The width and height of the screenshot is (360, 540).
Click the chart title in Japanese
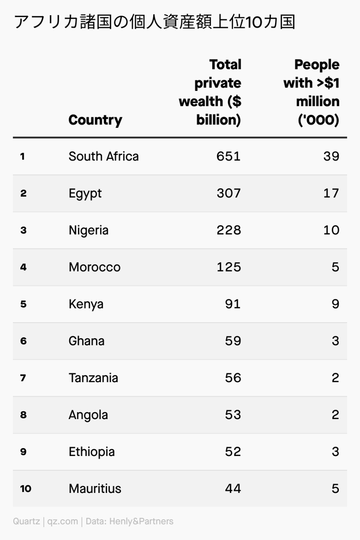155,22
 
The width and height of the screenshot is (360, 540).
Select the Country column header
95,120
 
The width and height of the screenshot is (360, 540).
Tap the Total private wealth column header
210,93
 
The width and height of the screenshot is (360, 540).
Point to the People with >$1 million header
311,93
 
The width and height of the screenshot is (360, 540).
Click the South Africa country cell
104,157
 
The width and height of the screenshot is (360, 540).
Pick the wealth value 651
228,157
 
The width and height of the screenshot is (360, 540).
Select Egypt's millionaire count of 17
330,194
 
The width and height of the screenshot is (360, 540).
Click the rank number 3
23,231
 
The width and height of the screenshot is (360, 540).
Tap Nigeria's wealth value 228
228,231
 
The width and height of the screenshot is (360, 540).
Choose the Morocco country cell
95,267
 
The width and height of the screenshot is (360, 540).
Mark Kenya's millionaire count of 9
335,304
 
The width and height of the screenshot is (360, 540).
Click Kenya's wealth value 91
233,304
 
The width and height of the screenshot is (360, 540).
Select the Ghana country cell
87,341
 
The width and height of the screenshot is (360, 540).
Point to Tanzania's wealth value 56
233,378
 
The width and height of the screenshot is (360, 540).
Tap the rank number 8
23,415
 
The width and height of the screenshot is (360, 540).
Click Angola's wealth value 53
233,415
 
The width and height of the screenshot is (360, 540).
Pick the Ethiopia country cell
92,452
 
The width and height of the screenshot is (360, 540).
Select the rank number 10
25,489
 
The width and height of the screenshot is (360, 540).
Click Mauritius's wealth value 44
233,489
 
